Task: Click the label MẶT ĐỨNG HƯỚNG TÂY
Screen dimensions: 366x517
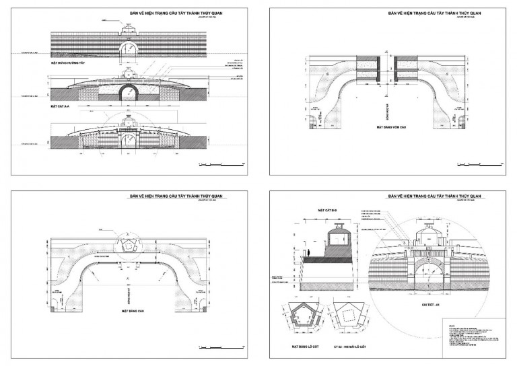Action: pos(69,63)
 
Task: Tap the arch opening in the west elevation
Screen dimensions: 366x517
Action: pos(129,48)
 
